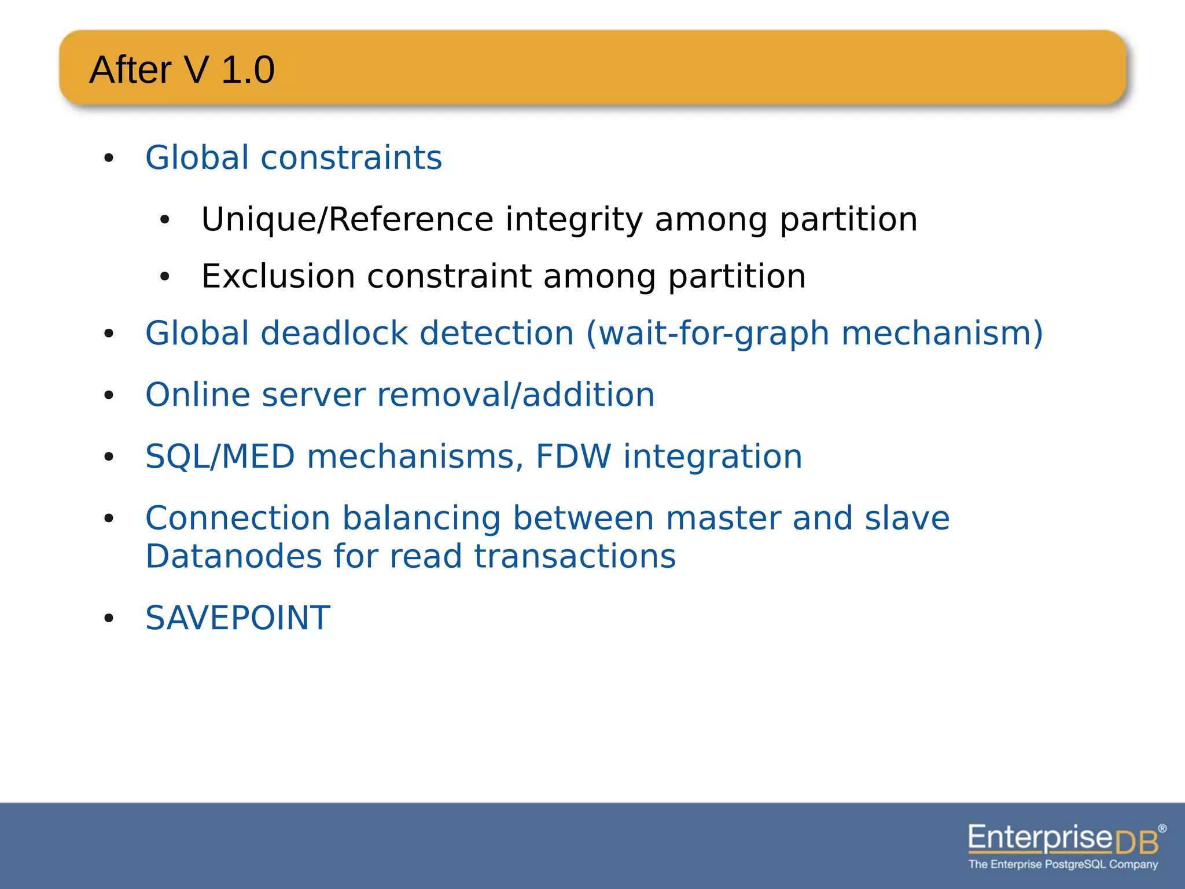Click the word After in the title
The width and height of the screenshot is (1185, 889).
(131, 70)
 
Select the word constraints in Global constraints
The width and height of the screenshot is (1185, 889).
(351, 157)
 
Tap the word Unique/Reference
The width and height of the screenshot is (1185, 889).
(347, 219)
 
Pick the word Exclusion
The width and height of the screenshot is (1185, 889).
(277, 276)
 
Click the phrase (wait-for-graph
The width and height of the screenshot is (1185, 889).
(708, 333)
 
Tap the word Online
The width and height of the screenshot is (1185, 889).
(197, 395)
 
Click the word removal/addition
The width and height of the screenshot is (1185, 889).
(516, 395)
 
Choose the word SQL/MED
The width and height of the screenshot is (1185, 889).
(220, 457)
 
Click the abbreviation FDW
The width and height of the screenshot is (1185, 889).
(573, 457)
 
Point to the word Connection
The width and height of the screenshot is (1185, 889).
(237, 518)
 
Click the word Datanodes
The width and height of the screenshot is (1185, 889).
(233, 557)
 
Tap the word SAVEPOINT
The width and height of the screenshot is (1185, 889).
(238, 618)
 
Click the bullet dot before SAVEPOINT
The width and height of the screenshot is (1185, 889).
(109, 619)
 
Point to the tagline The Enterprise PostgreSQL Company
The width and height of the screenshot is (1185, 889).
(1063, 865)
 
